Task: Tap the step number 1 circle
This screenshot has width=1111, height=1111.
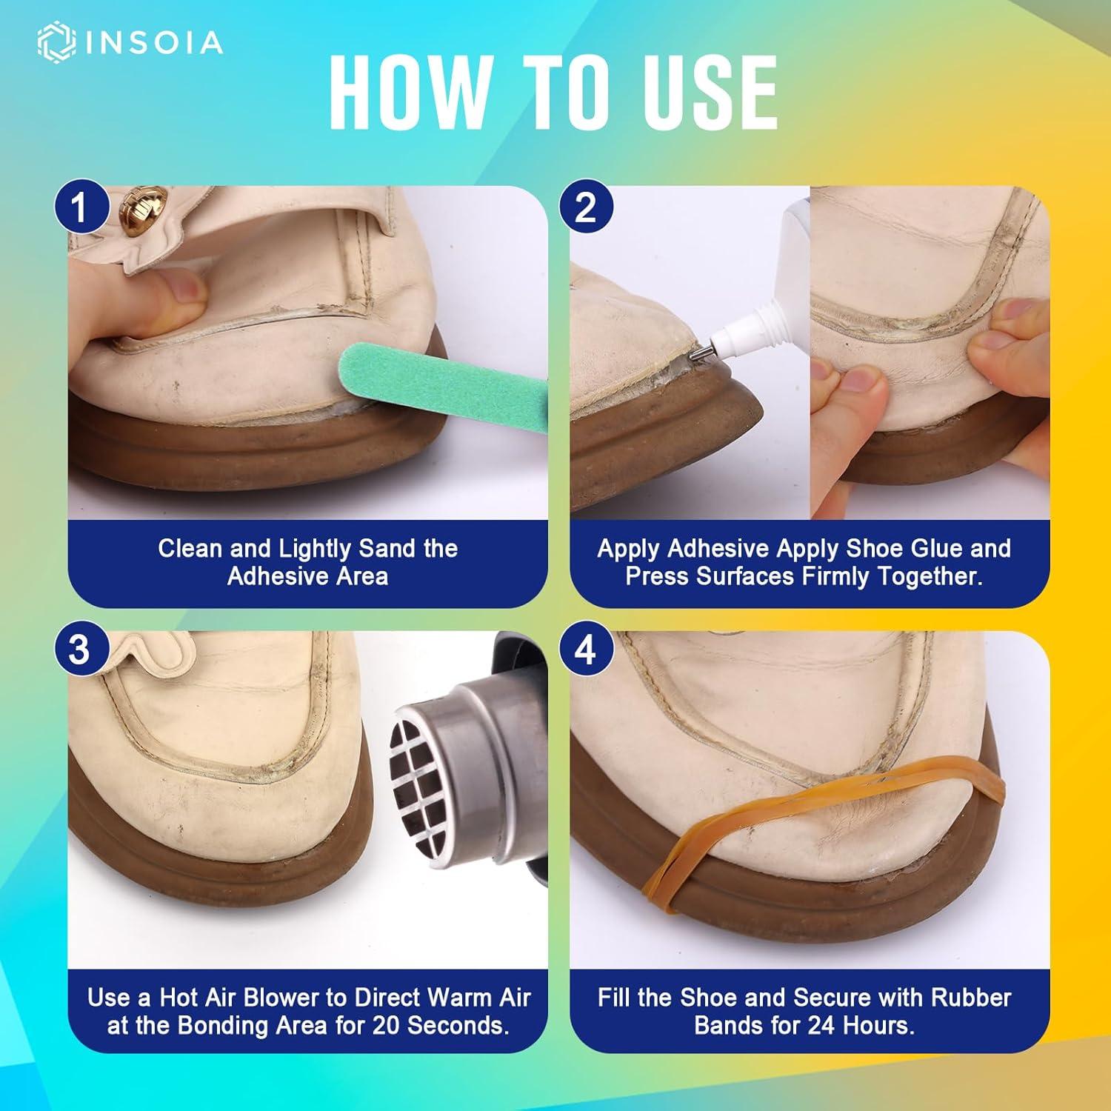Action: coord(79,207)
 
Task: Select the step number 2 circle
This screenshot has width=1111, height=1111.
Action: coord(585,207)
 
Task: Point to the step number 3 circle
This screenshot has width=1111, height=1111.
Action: coord(79,650)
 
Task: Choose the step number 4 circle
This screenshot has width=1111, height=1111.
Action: coord(585,650)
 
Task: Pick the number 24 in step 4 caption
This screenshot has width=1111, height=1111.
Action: coord(821,1027)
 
